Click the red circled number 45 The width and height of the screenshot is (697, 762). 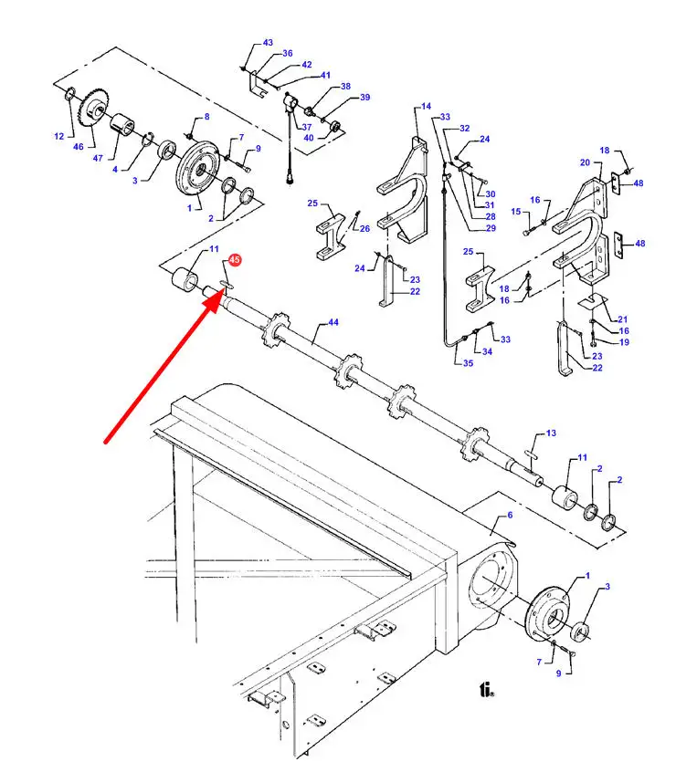[235, 259]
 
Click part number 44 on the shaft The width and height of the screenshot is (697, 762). [333, 322]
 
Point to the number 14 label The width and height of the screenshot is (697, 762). [426, 107]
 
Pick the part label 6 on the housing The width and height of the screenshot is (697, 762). [510, 515]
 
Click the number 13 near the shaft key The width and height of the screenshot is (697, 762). [551, 433]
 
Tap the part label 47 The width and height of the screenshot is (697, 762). [98, 158]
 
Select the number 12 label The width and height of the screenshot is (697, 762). [58, 137]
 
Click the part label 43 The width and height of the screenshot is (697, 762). [268, 43]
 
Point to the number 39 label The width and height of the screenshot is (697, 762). [364, 98]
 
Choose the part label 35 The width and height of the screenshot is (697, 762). [468, 363]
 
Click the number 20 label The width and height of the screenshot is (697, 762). [585, 162]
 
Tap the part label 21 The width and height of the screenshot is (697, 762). [623, 319]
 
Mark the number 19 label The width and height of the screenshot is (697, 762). [624, 342]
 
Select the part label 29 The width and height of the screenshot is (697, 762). [491, 228]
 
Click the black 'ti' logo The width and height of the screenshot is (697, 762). [486, 690]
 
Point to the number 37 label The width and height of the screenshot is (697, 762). [306, 128]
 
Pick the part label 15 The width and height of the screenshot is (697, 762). [515, 212]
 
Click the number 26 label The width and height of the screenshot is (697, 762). [364, 228]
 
